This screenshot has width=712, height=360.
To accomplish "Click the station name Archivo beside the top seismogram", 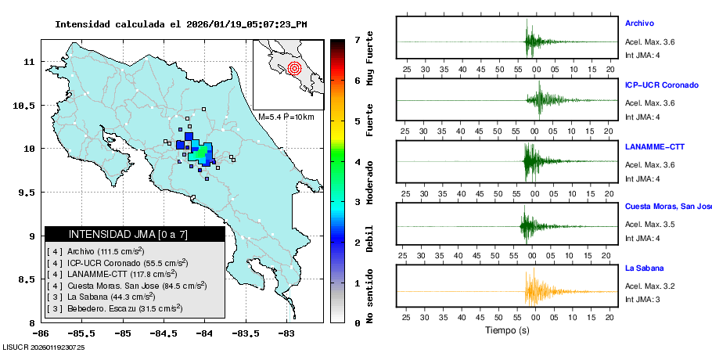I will pyautogui.click(x=639, y=23).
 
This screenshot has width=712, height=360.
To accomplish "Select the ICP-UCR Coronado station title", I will pyautogui.click(x=661, y=85).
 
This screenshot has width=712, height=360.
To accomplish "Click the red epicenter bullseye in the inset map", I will pyautogui.click(x=293, y=68).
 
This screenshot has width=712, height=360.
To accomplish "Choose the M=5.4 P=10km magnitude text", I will pyautogui.click(x=286, y=117).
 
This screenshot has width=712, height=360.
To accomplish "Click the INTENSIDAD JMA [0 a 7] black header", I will pyautogui.click(x=135, y=234).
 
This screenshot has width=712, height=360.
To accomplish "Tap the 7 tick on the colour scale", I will pyautogui.click(x=357, y=39).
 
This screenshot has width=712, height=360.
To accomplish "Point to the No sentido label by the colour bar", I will pyautogui.click(x=370, y=295).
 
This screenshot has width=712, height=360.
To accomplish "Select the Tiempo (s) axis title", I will pyautogui.click(x=507, y=331).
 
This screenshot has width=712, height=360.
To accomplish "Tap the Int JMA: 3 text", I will pyautogui.click(x=642, y=300).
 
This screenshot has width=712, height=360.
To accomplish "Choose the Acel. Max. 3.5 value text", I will pyautogui.click(x=649, y=225).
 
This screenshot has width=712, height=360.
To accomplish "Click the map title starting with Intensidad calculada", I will pyautogui.click(x=181, y=24).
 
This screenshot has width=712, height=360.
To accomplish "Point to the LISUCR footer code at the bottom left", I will pyautogui.click(x=44, y=347).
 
